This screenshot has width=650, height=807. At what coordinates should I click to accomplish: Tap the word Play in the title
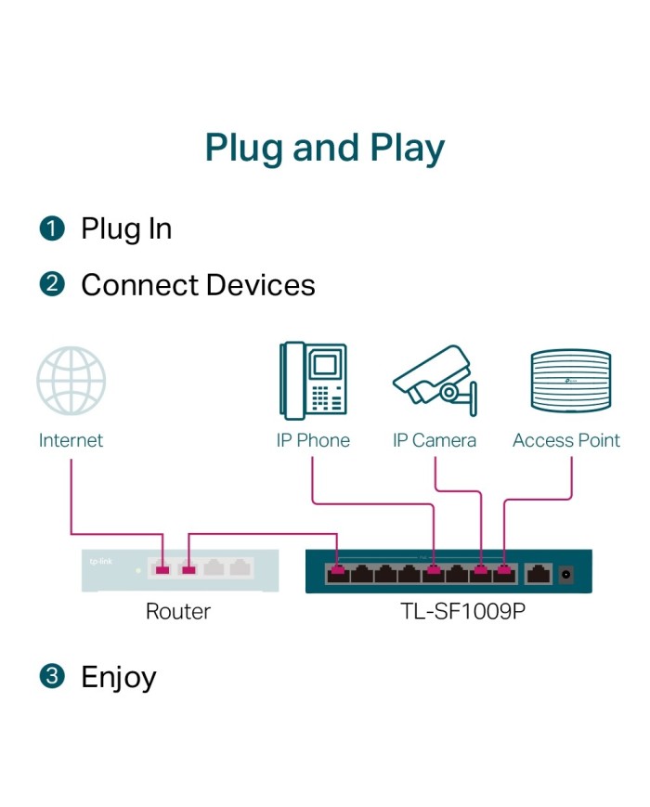pos(401,150)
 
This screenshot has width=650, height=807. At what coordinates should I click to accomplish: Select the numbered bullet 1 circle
pos(52,228)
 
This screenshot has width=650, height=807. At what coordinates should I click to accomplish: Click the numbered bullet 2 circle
pos(52,284)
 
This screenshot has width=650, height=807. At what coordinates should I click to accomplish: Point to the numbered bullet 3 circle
pos(52,676)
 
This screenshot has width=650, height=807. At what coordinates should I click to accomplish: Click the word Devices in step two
pos(261,284)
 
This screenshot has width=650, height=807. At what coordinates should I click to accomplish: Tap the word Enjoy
pos(119,678)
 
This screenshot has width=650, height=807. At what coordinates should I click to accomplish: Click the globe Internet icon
pos(71,381)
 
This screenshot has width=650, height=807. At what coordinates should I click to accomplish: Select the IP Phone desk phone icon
pos(313,381)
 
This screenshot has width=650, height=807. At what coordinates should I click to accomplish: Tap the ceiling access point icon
pos(569,381)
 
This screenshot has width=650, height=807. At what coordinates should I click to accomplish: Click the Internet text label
pos(71,440)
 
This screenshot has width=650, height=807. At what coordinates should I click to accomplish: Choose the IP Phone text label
pos(313,440)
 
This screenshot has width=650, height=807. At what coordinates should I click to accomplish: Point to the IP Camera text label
pos(435,440)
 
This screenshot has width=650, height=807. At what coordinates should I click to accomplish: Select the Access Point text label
pos(566,440)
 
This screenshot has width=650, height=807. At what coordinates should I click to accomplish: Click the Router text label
pos(178,612)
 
